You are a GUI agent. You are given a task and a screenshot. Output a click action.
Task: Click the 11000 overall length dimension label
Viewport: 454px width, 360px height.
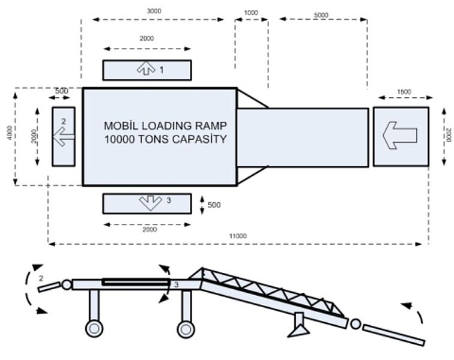pos(238,236)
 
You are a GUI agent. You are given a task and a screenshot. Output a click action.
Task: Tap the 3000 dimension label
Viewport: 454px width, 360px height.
pos(154,11)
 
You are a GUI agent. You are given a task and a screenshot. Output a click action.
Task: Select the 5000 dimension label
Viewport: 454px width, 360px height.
pos(321,15)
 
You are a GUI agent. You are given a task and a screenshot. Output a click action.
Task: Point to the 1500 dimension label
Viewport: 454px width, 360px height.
pos(404,92)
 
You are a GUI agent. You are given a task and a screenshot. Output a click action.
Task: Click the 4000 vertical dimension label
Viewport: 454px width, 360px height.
pos(10,133)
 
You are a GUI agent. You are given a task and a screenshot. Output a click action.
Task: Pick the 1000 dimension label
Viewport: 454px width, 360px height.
pos(251,13)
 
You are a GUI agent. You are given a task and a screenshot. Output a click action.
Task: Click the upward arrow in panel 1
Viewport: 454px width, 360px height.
pos(146,68)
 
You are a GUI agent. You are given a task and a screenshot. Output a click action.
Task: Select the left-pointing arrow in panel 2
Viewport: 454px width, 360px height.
pos(64,137)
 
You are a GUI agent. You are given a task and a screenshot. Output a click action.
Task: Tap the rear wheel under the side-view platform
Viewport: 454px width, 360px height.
pos(94,328)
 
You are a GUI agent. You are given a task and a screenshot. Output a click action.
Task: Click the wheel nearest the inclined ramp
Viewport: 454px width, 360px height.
pos(186,329)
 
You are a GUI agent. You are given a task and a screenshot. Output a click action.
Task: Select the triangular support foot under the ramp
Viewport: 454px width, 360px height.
pos(299,331)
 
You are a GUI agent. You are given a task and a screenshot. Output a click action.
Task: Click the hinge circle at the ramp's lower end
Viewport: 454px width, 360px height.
pos(356,324)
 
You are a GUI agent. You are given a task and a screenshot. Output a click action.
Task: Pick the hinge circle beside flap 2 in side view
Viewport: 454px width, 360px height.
pos(67,284)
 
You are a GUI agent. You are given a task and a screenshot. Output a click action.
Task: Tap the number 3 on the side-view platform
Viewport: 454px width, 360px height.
pos(177,285)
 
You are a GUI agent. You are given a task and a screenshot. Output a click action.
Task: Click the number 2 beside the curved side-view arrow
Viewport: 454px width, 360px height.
pos(41,278)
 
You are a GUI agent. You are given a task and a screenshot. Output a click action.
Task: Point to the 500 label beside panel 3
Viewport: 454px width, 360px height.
pos(214,205)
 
